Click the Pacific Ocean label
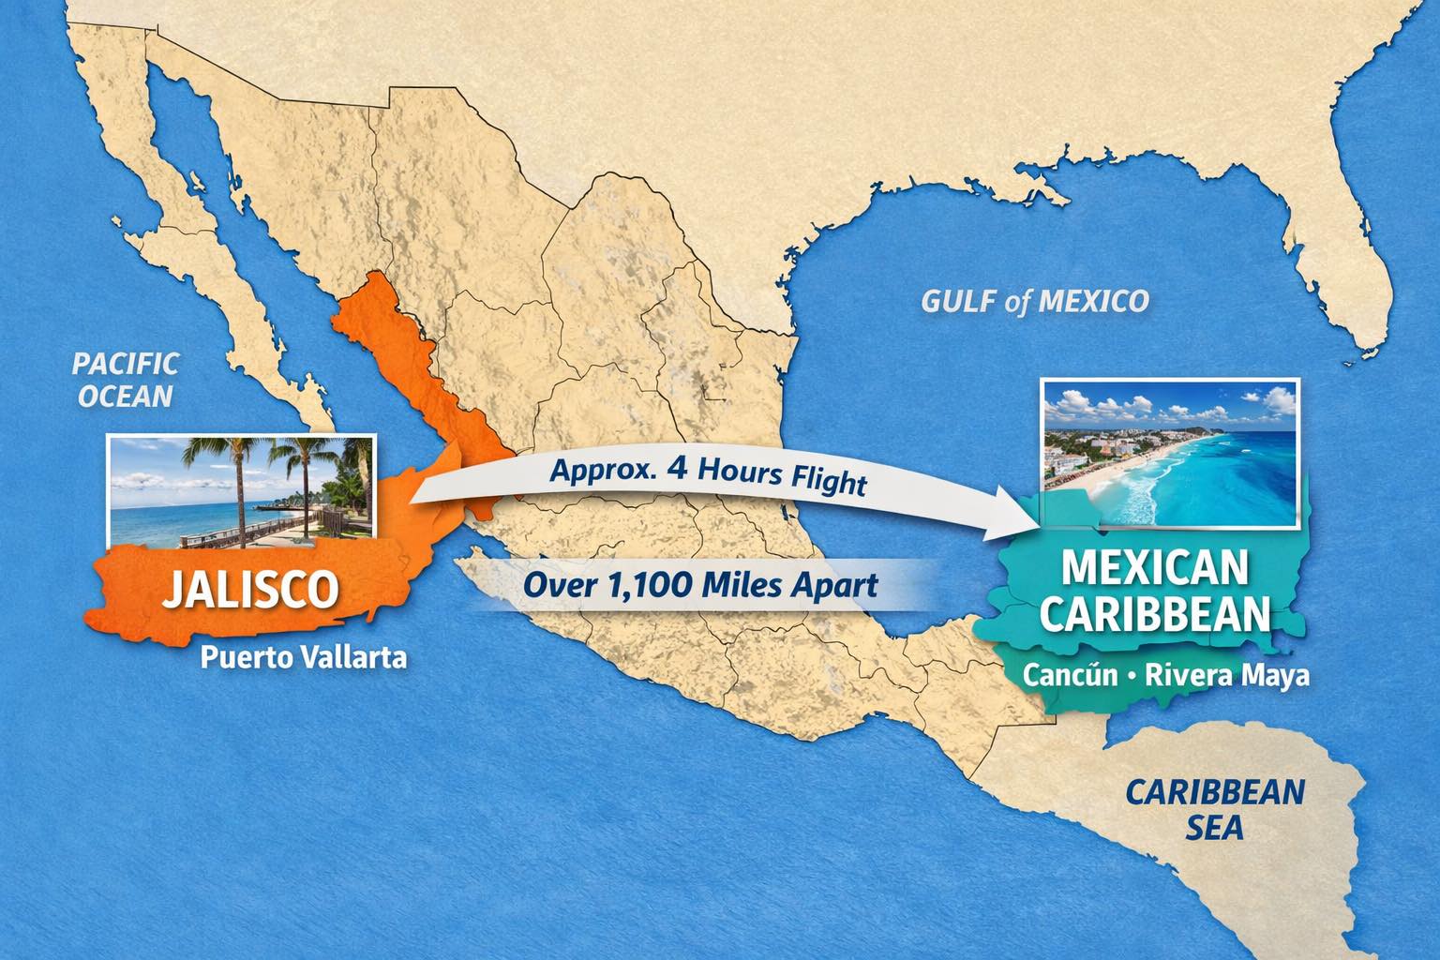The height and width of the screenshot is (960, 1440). (x=126, y=379)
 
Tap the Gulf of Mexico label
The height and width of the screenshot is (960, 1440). (x=1034, y=301)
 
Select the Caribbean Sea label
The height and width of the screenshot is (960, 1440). (x=1214, y=808)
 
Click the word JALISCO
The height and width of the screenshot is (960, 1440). (x=250, y=588)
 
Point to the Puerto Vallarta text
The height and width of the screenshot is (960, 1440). (x=304, y=657)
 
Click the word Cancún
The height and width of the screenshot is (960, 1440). (x=1070, y=675)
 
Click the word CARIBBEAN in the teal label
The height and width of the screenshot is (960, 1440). (x=1155, y=615)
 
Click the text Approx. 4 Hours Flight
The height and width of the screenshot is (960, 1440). (x=708, y=474)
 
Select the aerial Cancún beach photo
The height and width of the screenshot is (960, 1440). (x=1171, y=452)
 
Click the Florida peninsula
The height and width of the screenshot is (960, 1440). (x=1351, y=234)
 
